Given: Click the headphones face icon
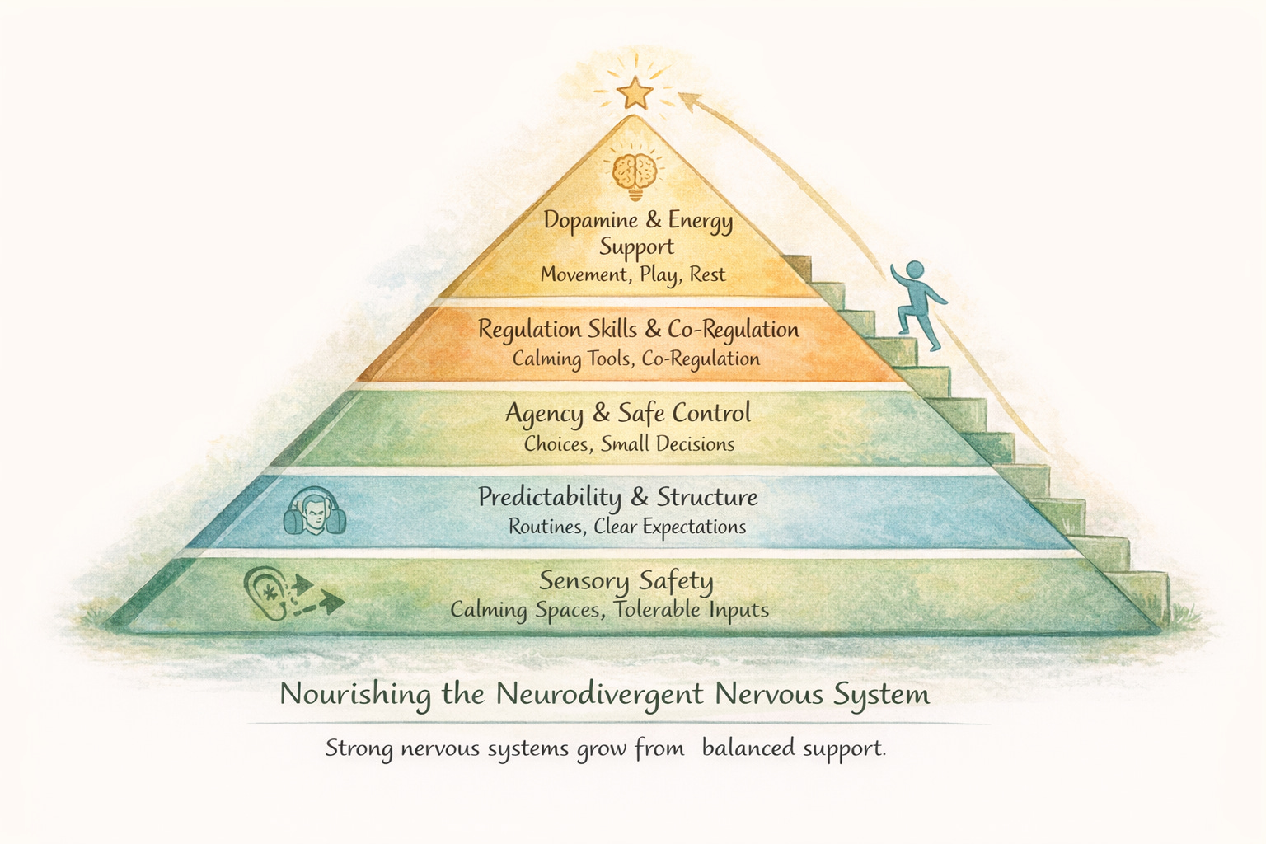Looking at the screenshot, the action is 314,513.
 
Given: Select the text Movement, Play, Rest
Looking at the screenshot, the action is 633,274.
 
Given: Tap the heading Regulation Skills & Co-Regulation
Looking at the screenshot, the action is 639,330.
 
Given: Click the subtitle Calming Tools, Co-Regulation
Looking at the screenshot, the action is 636,359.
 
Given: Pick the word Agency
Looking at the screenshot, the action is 544,414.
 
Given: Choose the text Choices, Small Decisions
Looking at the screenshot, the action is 629,444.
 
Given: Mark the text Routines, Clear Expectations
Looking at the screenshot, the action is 627,527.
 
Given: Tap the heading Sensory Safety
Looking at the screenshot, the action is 626,581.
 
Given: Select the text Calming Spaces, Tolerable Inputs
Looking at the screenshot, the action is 609,611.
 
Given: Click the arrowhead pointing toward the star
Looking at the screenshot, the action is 689,101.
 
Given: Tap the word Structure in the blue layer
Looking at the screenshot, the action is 707,498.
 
